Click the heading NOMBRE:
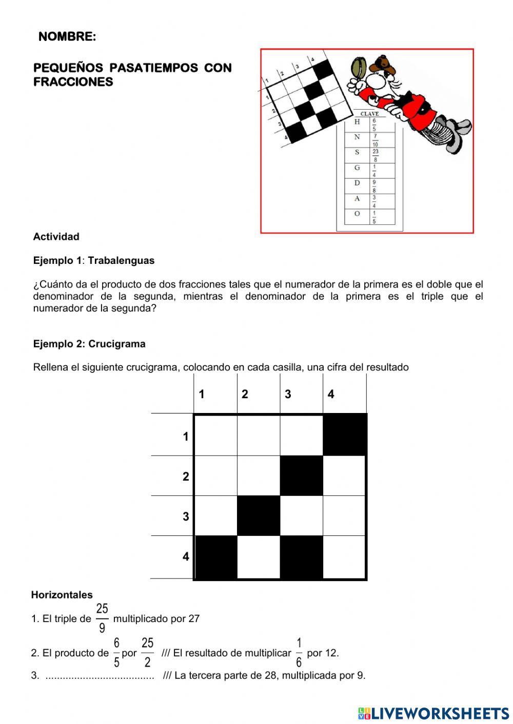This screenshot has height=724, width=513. [x=67, y=37]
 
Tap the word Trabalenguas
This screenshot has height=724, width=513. [x=121, y=260]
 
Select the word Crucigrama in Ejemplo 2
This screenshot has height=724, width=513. [x=116, y=344]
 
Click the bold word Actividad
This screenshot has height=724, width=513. [x=56, y=237]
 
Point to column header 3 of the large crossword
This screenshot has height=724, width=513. [x=288, y=394]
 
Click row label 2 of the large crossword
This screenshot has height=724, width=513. [x=186, y=477]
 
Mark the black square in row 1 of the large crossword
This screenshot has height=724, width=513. [x=344, y=435]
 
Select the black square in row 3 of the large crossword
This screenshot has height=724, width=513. [x=259, y=515]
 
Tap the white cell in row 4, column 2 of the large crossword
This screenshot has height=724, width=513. [x=259, y=557]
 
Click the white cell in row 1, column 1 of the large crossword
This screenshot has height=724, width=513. [x=215, y=435]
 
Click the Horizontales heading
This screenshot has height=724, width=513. [x=62, y=595]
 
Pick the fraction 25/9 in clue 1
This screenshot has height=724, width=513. [x=102, y=618]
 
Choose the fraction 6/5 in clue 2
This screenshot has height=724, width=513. [x=116, y=652]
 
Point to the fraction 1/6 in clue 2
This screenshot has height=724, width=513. [x=299, y=652]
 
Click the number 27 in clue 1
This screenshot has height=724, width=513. [x=194, y=618]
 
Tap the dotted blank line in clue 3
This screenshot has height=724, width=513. [x=100, y=676]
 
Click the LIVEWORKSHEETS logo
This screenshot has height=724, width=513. [x=433, y=713]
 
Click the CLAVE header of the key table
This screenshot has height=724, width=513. [x=369, y=114]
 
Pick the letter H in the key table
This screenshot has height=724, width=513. [x=357, y=122]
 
